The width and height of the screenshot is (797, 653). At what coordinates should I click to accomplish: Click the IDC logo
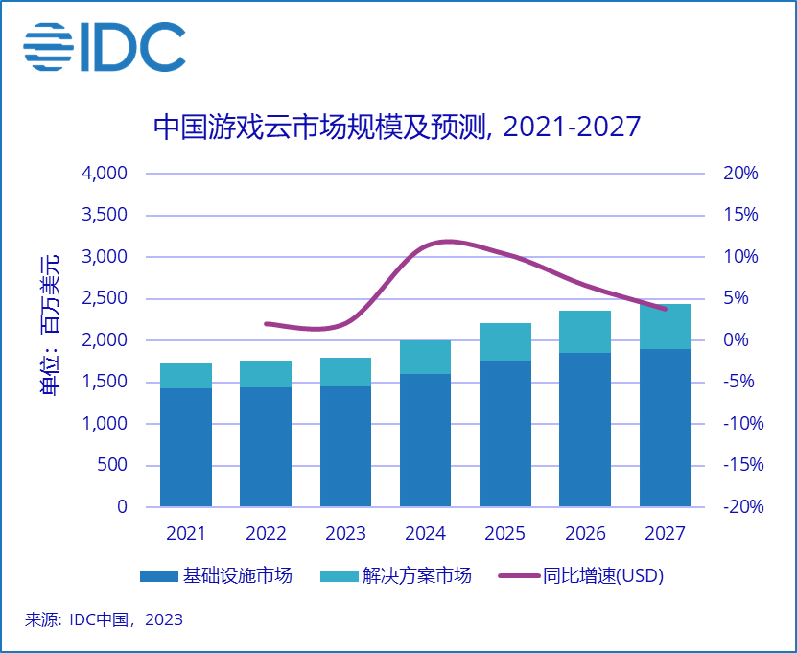[105, 45]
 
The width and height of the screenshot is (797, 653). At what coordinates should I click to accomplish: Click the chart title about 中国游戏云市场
[397, 128]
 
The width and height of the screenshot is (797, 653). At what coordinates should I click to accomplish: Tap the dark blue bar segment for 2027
[665, 427]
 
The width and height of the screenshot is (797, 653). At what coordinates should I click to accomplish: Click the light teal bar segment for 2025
[504, 342]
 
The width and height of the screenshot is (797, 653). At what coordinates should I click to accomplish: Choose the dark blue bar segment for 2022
[265, 446]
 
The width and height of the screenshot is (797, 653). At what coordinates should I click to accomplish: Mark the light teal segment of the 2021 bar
[185, 376]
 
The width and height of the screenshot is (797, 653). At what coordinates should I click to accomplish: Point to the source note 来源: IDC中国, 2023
[104, 619]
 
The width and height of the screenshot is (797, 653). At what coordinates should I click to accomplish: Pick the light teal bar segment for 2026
[585, 332]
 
